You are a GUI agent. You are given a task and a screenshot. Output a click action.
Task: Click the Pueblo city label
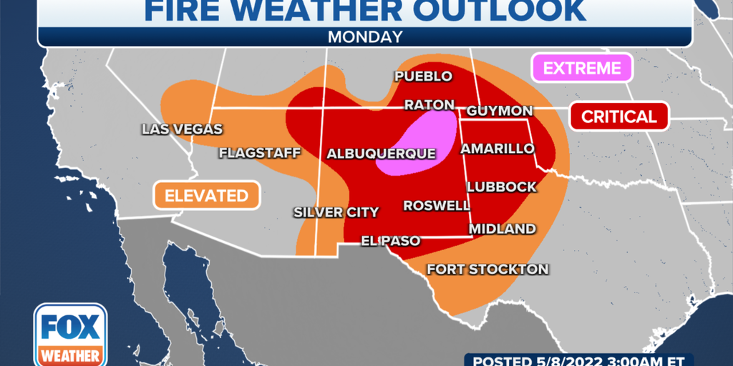click(424, 76)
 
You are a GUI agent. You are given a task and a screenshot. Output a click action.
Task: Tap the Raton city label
click(429, 105)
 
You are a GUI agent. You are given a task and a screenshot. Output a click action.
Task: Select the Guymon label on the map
click(500, 111)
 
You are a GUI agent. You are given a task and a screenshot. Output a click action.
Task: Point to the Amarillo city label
click(497, 149)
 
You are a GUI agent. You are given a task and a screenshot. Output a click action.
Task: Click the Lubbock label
click(501, 187)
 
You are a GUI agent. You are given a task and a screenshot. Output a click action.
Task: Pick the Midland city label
click(502, 229)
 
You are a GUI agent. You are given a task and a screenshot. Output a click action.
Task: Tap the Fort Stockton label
click(487, 269)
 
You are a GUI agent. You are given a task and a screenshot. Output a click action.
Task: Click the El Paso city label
click(390, 241)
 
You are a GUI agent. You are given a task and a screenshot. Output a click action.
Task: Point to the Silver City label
click(336, 212)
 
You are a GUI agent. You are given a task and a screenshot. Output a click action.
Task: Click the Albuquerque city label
click(381, 154)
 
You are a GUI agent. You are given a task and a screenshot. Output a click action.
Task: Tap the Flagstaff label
click(259, 152)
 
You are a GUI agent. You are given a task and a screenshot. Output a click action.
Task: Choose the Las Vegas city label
click(182, 129)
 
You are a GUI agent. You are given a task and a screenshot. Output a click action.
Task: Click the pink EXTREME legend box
click(581, 69)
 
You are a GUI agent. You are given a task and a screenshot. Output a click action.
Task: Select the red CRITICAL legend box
click(618, 117)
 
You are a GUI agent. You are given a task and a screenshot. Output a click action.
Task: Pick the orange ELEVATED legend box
click(206, 195)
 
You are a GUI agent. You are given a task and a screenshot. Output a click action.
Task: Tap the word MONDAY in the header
click(365, 36)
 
